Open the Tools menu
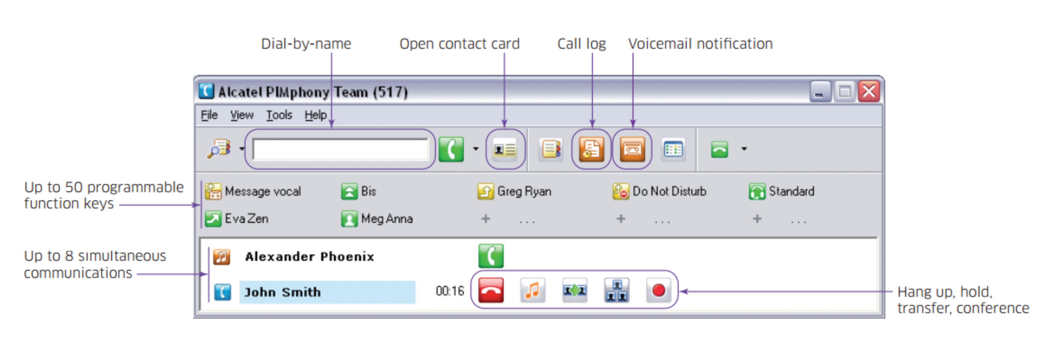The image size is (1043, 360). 279,115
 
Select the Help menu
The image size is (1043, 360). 316,115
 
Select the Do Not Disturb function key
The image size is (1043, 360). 660,191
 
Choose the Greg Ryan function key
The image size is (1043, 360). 515,191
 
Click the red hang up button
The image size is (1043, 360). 491,290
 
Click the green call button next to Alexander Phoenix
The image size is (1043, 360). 491,256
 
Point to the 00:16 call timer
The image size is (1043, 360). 449,291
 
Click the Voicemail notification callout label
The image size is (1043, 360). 700,44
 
